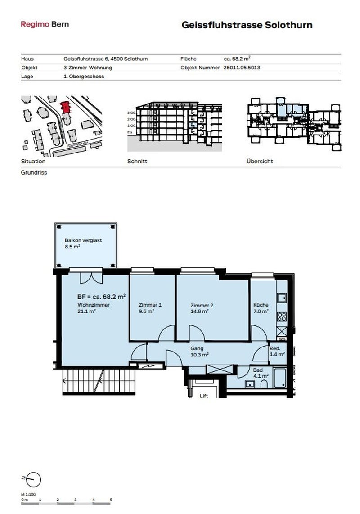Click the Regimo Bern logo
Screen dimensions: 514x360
(x=45, y=24)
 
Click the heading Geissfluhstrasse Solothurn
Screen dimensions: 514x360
(x=247, y=25)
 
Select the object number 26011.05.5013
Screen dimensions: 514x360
(x=242, y=68)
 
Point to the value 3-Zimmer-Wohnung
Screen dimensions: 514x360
(x=88, y=68)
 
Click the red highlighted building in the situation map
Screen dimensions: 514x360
(x=65, y=107)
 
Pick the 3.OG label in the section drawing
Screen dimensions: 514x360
(x=131, y=113)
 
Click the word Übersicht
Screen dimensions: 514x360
(x=260, y=161)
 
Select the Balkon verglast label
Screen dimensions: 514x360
(x=83, y=240)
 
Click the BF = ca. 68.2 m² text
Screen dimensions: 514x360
(x=101, y=297)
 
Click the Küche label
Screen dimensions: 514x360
(x=261, y=305)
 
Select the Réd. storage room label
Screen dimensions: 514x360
(x=275, y=348)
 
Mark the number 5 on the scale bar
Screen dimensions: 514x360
(x=111, y=500)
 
